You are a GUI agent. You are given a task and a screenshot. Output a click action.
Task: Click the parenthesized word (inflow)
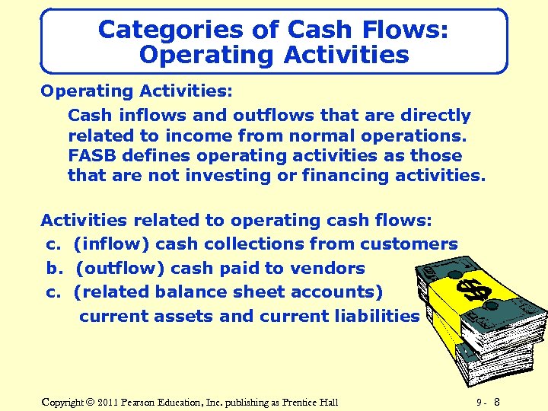(x=107, y=244)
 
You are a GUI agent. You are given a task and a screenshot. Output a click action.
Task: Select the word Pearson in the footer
(x=145, y=402)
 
